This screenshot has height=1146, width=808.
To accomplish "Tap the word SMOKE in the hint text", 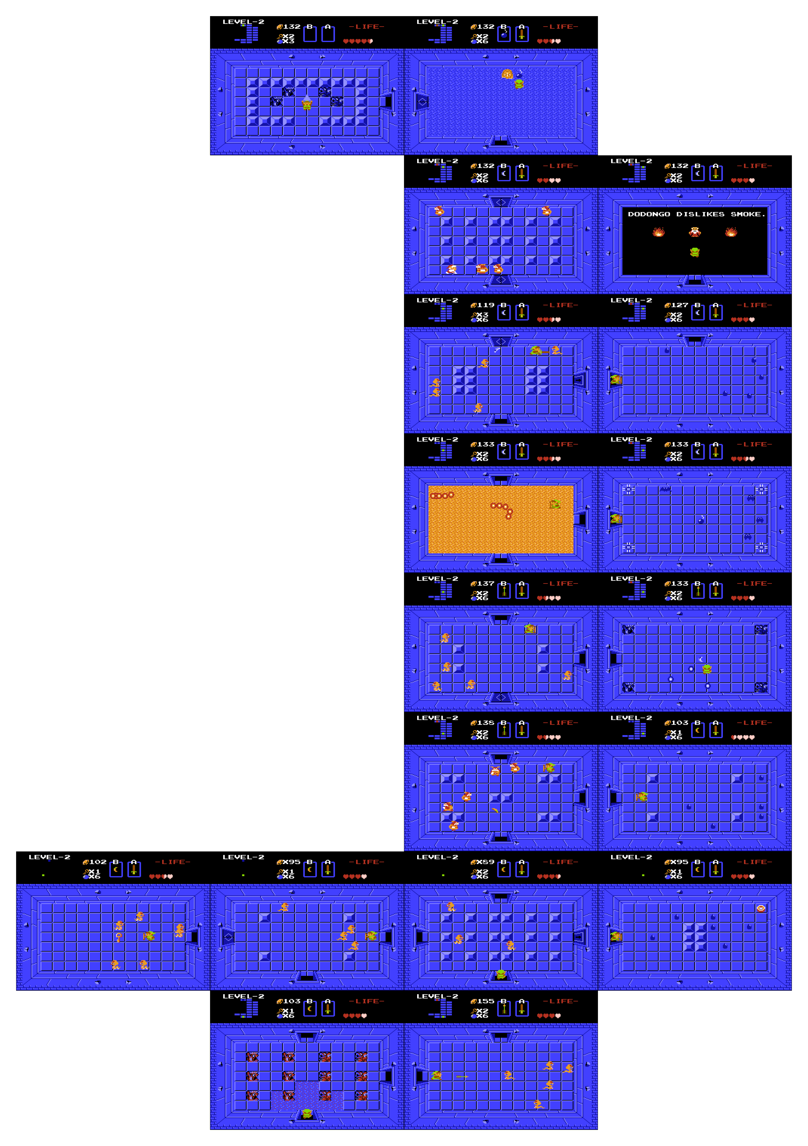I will (746, 214).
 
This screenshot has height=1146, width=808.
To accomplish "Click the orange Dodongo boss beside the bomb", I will (507, 74).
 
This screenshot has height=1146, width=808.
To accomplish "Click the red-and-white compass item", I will (761, 908).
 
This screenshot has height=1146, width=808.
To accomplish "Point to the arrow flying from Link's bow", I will (462, 1076).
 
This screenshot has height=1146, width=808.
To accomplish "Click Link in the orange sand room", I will (554, 505).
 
